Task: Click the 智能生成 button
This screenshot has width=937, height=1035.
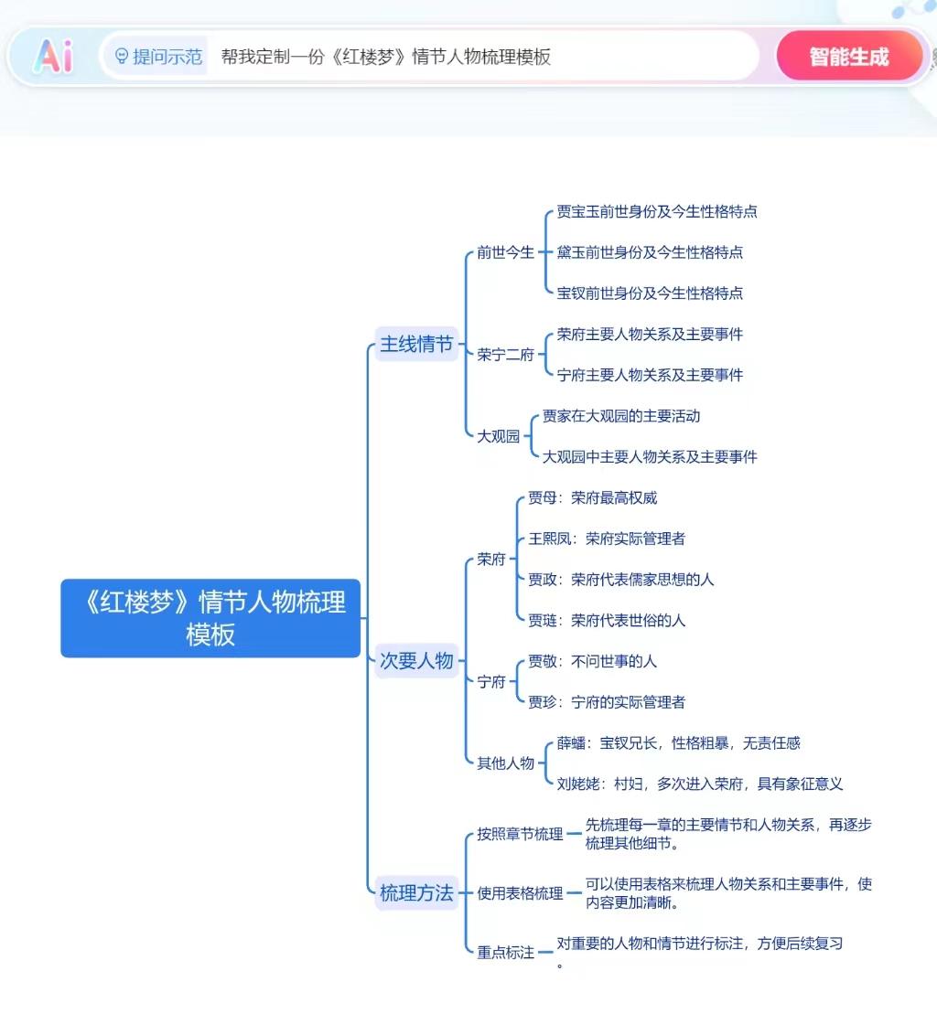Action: pos(848,57)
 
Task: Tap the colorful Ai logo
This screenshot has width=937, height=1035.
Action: pos(53,57)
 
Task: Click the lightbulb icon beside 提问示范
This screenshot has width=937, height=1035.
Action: pos(122,57)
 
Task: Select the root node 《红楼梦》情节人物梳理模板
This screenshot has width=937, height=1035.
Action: pos(210,618)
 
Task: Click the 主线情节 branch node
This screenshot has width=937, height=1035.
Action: pos(416,345)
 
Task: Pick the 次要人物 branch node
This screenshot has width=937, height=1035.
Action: pos(416,661)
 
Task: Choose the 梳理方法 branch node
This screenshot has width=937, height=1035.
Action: pos(416,893)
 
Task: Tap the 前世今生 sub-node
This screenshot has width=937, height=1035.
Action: pos(505,252)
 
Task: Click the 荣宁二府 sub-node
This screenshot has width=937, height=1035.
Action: pos(505,355)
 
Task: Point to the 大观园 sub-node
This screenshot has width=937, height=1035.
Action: pos(498,436)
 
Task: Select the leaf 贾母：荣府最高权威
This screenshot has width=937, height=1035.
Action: pos(592,498)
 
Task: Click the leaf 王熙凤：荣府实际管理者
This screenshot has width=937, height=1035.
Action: pos(606,539)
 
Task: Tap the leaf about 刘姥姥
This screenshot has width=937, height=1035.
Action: pos(699,784)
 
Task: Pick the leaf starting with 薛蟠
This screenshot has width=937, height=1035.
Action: pos(678,743)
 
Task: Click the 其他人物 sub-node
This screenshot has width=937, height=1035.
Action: pos(505,763)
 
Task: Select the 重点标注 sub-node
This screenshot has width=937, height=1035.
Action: pos(505,952)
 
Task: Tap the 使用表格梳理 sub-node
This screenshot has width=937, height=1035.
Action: pos(520,893)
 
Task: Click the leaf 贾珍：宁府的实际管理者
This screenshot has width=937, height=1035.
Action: pos(606,702)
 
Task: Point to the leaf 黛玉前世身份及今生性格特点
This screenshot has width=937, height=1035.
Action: pos(650,252)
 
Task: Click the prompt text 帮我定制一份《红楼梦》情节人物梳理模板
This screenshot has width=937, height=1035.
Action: pos(386,57)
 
